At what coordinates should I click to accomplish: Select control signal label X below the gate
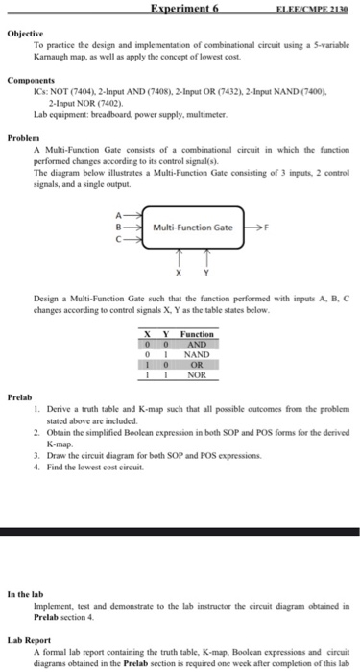(176, 272)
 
